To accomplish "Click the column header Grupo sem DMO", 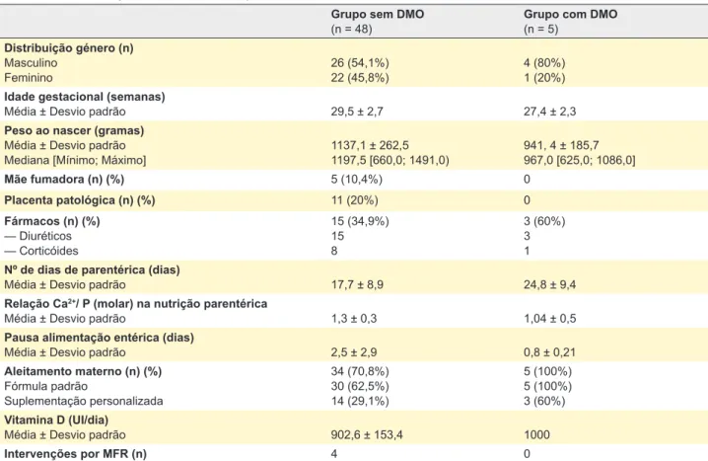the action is [378, 15].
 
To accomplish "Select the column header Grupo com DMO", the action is [570, 15].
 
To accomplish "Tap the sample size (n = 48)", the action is [351, 30].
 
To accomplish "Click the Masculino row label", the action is [31, 63].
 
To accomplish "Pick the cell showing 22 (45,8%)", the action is [360, 78].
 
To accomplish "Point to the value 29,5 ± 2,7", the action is [357, 112].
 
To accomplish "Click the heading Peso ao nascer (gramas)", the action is [74, 130].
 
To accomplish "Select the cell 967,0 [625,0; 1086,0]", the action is [579, 161].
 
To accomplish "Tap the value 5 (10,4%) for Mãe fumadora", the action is [357, 180].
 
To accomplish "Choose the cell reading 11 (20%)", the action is [354, 200].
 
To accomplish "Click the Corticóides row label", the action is [41, 251].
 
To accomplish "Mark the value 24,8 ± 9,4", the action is [549, 284].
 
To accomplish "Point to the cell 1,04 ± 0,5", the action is [550, 319].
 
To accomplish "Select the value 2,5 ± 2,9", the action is [354, 352].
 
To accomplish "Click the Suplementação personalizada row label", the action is [84, 402].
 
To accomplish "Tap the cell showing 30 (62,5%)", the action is [360, 386].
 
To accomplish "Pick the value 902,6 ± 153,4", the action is [367, 435].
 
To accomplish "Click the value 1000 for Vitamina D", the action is [536, 435].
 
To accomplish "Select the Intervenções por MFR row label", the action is [75, 454].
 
